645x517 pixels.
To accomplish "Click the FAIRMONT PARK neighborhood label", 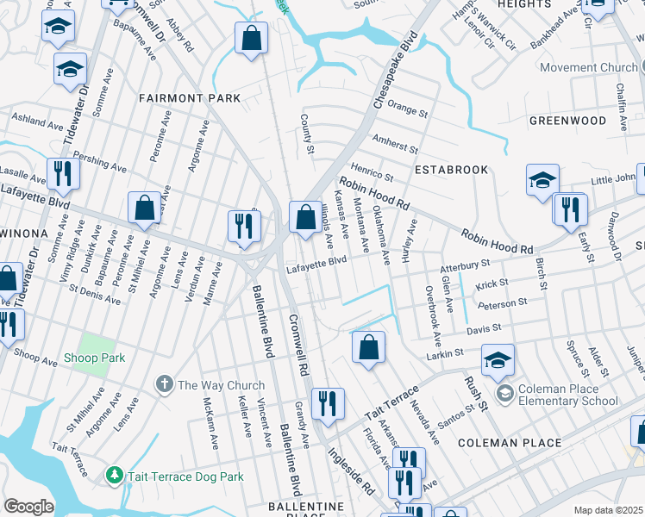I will tap(191, 99).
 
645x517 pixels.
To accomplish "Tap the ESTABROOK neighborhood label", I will tap(451, 170).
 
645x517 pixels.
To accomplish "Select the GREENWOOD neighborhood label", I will tap(567, 121).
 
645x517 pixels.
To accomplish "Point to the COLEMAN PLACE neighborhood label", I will tap(510, 443).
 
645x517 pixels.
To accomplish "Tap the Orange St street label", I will tap(407, 111).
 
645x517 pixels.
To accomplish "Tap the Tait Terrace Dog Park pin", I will tap(114, 476).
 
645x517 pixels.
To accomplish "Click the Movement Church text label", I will tap(589, 67).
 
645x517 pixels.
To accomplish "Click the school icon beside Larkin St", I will tap(498, 362).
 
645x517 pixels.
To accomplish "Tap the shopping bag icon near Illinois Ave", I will tap(304, 217).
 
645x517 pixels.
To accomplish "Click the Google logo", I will tap(28, 507).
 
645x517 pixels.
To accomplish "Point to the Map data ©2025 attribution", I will tap(608, 510).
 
